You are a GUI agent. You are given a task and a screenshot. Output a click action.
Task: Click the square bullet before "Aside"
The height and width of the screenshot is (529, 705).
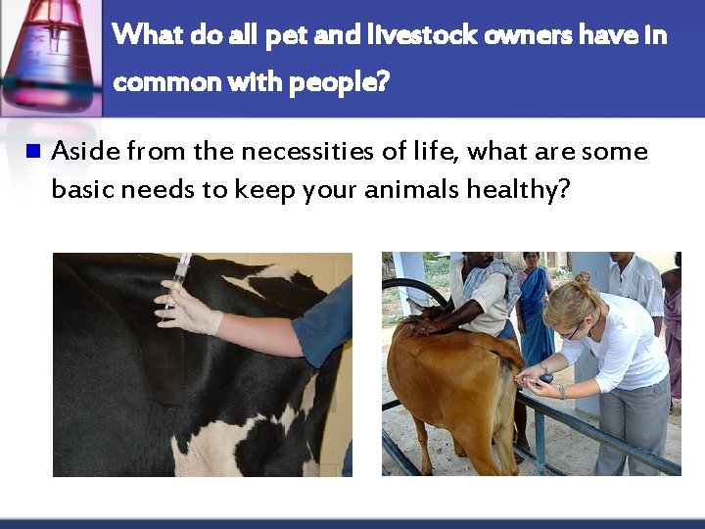pos(33,152)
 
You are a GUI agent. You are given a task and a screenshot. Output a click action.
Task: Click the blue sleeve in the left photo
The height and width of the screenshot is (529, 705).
pos(324,323)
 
